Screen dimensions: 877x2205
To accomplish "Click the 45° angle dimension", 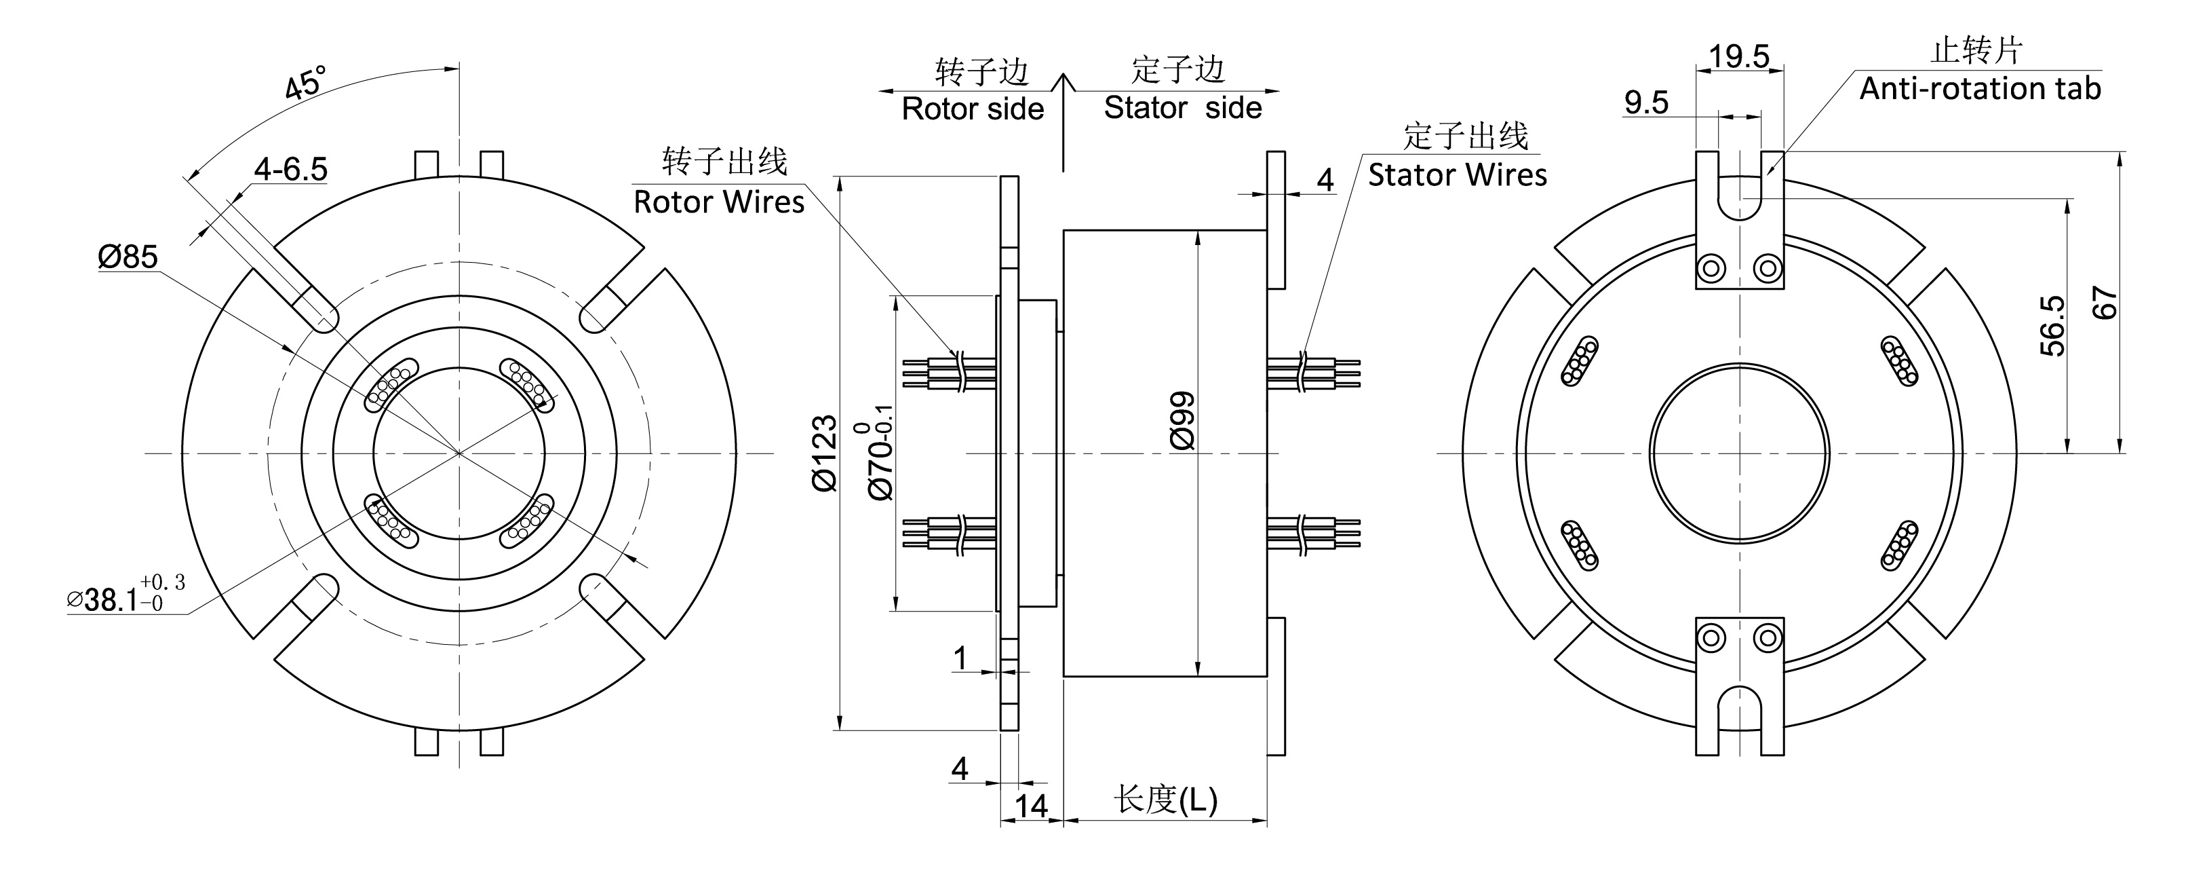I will tap(305, 83).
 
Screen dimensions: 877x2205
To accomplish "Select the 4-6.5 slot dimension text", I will tap(290, 169).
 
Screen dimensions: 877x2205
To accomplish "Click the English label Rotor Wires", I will tap(718, 202).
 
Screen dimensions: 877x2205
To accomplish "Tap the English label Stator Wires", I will tap(1457, 176).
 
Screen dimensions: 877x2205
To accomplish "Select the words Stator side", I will tap(1182, 108).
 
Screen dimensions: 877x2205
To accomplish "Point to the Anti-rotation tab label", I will tap(1979, 89).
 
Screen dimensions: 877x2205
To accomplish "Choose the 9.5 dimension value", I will tap(1646, 102).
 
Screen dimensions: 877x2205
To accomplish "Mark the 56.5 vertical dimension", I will tap(2052, 325).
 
